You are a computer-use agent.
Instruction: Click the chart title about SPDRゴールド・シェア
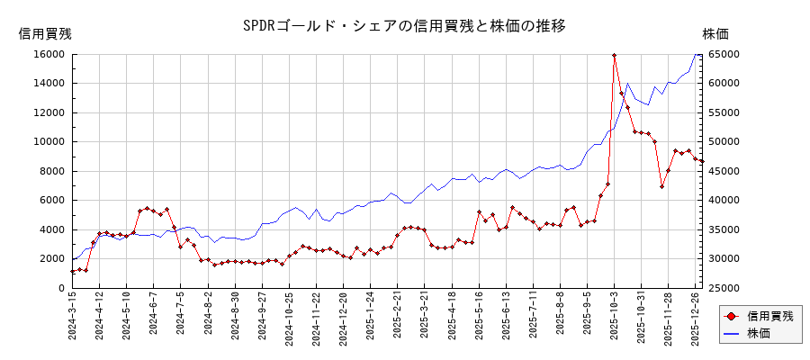click(404, 25)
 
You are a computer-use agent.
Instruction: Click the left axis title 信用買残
click(45, 34)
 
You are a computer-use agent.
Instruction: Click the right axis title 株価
click(715, 34)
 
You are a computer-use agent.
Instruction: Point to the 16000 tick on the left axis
click(49, 54)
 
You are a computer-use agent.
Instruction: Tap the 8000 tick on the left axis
click(52, 171)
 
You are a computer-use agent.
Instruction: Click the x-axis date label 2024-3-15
click(73, 320)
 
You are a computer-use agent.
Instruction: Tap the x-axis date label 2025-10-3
click(615, 320)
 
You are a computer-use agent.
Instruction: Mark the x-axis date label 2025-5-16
click(479, 320)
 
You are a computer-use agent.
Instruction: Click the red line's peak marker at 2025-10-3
click(614, 55)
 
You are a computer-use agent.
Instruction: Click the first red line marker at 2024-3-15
click(73, 272)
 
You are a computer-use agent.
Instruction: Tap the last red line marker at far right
click(702, 161)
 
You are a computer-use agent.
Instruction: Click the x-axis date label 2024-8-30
click(236, 320)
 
